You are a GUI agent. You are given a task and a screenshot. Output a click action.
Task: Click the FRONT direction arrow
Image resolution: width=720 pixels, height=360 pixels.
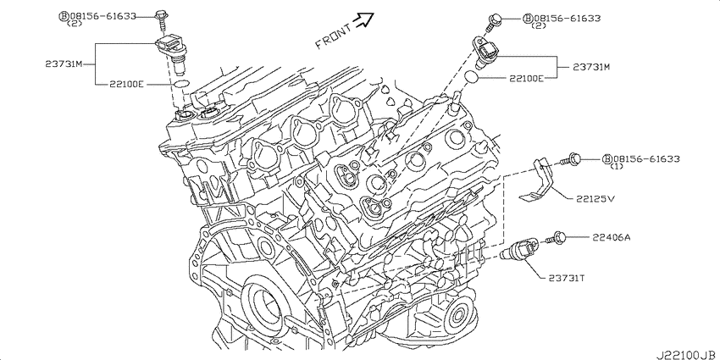click(365, 19)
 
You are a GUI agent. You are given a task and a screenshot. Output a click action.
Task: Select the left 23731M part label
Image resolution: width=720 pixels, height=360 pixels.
click(64, 64)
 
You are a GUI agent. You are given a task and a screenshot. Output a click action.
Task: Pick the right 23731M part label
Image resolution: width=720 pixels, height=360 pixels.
click(591, 67)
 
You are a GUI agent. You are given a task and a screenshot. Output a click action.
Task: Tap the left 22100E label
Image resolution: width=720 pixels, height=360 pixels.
click(127, 84)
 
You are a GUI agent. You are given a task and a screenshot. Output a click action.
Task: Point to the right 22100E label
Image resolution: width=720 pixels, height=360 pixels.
click(526, 78)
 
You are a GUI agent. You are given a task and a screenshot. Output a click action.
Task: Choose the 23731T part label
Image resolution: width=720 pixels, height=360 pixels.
click(567, 278)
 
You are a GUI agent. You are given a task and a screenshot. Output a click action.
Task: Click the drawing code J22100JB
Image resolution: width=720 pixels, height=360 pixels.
click(688, 355)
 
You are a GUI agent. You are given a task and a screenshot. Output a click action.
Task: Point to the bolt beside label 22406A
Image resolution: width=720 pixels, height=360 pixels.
click(556, 238)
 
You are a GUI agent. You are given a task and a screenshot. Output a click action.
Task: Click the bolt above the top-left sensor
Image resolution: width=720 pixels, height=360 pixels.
click(161, 19)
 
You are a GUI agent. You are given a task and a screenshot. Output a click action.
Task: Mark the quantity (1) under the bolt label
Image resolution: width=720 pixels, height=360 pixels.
click(616, 166)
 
